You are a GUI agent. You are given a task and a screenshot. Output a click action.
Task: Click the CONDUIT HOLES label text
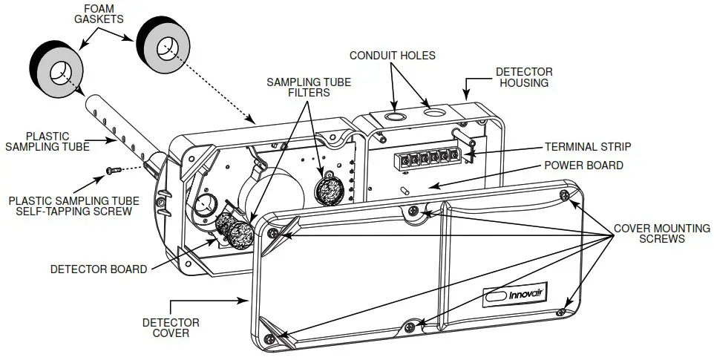[x=393, y=56]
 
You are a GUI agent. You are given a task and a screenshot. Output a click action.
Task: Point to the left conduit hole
[x=395, y=117]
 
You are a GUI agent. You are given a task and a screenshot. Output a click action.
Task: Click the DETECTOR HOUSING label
[x=524, y=77]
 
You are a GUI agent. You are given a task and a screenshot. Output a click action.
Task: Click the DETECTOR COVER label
[x=170, y=327]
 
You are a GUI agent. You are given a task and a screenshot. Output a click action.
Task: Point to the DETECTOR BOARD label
[x=99, y=269]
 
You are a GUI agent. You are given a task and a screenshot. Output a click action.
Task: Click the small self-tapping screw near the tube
[x=113, y=170]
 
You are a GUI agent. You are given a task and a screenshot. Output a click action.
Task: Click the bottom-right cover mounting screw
[x=562, y=311]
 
